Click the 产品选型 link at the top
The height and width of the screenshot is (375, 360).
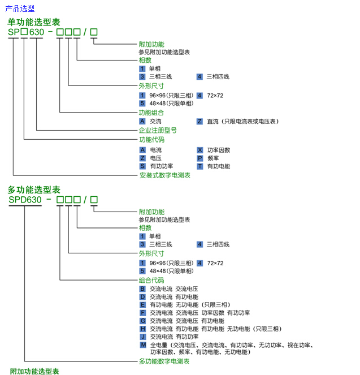coord(20,8)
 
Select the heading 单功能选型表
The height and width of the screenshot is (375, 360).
coord(34,22)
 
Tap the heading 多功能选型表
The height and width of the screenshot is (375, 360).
coord(34,189)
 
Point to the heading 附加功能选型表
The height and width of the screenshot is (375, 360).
coord(34,371)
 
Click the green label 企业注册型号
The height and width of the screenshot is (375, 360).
coord(158,130)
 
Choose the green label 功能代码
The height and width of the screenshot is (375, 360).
coord(151,140)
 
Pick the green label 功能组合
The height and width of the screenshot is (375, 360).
coord(151,113)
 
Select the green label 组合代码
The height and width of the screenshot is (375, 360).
coord(151,280)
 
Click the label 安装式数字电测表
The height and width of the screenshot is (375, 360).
coord(165,175)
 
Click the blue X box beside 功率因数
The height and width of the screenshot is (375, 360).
coord(200,150)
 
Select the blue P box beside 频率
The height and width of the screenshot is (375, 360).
coord(200,158)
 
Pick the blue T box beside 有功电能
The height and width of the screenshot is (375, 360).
coord(200,166)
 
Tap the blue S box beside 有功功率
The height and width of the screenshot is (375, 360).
coord(142,166)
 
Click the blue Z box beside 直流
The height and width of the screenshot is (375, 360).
coord(200,121)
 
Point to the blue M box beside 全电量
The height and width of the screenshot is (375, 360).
coord(142,344)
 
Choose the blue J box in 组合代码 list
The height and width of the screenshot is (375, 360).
coord(142,337)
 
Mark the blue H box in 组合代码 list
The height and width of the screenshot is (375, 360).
coord(142,329)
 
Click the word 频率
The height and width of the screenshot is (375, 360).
coord(213,158)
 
